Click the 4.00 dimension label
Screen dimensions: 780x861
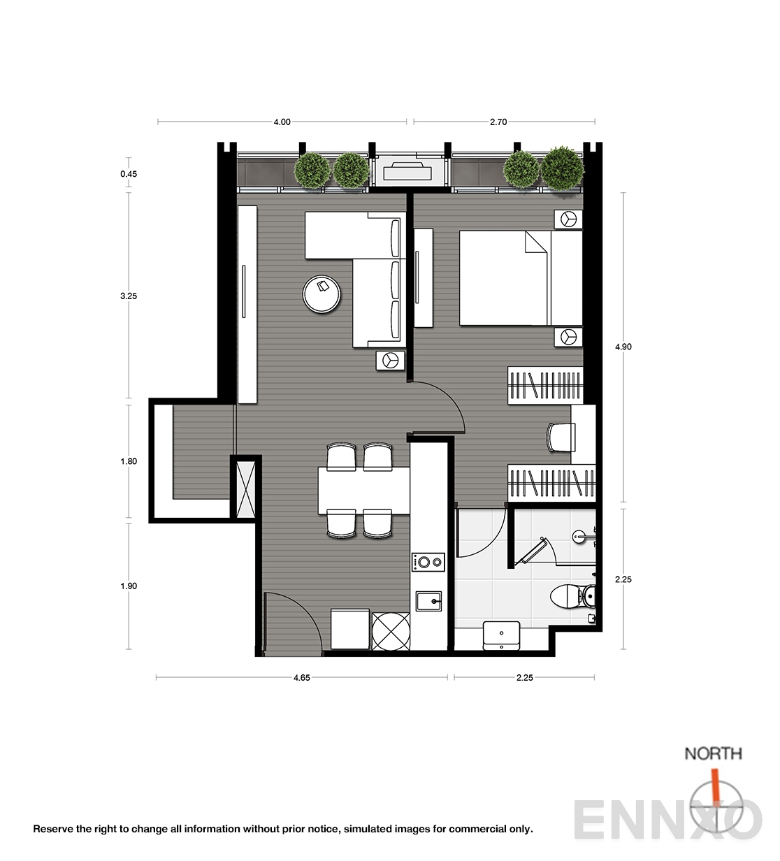point(282,122)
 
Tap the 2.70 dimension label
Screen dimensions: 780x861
point(498,122)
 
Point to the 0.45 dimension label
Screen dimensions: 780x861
point(129,174)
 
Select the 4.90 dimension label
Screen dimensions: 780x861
point(623,347)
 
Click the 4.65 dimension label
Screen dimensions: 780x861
point(301,678)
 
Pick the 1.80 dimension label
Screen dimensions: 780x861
point(129,461)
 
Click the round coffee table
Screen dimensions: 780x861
point(322,294)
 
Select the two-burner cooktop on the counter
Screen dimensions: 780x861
point(428,562)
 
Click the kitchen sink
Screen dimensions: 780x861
point(428,601)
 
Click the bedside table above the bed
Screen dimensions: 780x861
point(568,219)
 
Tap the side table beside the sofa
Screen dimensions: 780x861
point(390,360)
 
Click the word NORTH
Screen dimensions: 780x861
point(713,753)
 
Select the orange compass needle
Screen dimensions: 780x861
point(715,784)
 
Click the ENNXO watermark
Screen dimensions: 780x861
point(668,820)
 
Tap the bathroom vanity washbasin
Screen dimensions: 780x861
point(501,636)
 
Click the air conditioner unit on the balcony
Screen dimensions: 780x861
point(407,171)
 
